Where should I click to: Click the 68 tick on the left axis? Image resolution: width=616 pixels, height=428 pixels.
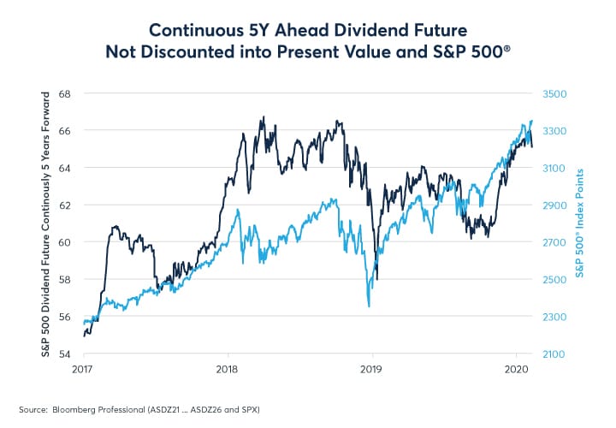(x=65, y=93)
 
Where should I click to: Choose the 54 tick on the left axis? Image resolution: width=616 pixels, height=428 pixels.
(x=65, y=354)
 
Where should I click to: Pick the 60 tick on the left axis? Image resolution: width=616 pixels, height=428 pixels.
(x=65, y=242)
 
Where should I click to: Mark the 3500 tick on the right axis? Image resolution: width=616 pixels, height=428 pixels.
(x=554, y=93)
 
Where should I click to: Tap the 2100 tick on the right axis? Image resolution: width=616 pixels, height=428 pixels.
(x=554, y=354)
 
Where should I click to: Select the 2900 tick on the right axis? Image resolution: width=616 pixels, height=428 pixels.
(x=554, y=205)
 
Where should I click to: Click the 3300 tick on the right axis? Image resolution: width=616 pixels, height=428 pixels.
(x=554, y=131)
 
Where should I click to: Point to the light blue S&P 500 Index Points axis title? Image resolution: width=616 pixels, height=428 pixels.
(x=581, y=223)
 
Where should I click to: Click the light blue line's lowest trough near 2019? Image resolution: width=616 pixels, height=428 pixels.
(x=368, y=306)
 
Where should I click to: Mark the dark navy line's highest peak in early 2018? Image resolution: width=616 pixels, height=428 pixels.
(x=263, y=117)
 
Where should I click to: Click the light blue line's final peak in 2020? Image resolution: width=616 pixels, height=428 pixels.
(x=531, y=121)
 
